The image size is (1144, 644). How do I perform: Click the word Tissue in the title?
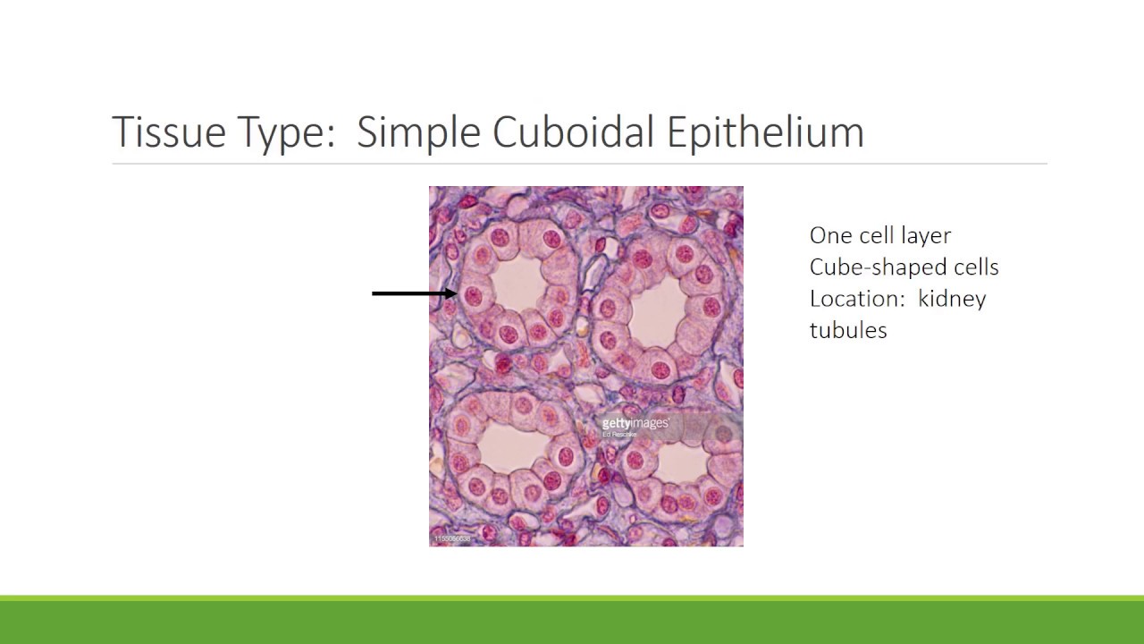coord(167,132)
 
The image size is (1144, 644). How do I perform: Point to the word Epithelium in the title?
coord(765,132)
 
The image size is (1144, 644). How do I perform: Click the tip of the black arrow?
coord(457,293)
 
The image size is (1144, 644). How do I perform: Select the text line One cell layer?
coord(879,235)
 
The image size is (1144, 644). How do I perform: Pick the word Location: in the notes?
coord(859,299)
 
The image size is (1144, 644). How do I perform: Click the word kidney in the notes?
coord(952,299)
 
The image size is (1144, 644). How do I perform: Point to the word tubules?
coord(847,330)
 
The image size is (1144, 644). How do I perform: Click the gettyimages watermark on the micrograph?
coord(635,424)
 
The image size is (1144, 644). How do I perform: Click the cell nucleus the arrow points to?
coord(474,295)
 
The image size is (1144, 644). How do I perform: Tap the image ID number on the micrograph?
coord(452,539)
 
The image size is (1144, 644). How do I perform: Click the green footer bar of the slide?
coord(572,622)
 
